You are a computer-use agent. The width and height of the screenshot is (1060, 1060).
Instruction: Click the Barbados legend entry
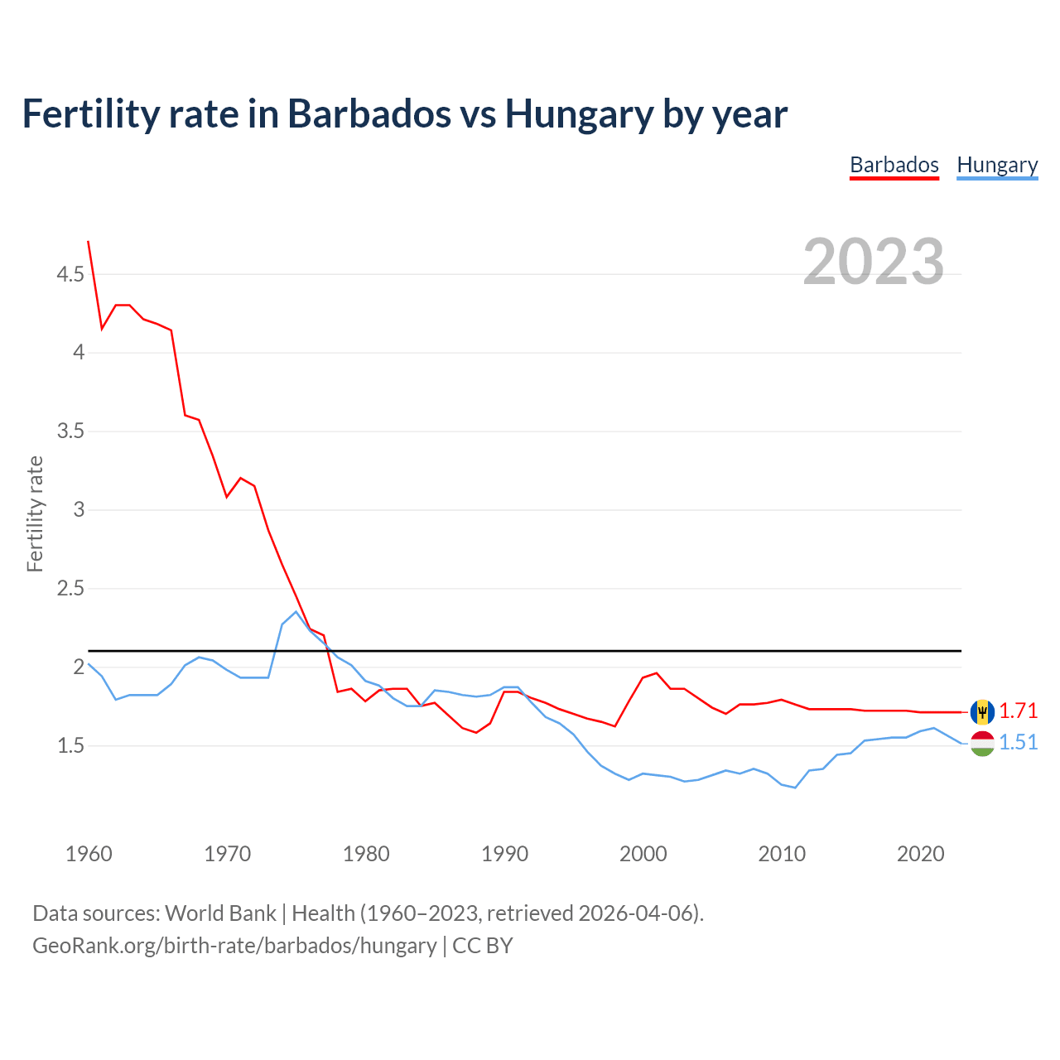pos(894,165)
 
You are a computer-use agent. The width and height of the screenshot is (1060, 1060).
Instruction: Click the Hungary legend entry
pos(997,165)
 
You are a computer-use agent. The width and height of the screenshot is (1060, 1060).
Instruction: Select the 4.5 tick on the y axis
pos(70,274)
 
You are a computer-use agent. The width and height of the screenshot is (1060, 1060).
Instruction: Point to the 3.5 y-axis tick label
pos(70,431)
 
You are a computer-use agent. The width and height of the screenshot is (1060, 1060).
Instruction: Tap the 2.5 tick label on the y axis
pos(70,589)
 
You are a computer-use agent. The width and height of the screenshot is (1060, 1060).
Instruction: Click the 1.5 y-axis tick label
pos(70,746)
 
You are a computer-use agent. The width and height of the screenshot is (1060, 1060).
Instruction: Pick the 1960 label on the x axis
pos(89,854)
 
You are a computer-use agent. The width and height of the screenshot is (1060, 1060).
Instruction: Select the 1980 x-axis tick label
pos(366,854)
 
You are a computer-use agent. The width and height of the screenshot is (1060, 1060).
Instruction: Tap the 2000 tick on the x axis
pos(643,854)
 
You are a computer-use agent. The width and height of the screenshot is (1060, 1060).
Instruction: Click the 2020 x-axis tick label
pos(920,854)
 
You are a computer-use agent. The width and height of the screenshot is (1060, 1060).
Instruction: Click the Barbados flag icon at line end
pos(982,711)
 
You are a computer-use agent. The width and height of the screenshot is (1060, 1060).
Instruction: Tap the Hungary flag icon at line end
pos(982,743)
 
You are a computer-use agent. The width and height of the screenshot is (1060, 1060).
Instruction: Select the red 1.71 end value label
pos(1019,711)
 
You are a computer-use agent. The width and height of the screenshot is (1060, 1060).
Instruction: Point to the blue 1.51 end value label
pos(1019,743)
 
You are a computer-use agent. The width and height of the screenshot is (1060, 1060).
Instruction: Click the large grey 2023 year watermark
pos(874,262)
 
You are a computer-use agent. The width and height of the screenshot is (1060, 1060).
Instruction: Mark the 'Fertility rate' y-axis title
pos(35,513)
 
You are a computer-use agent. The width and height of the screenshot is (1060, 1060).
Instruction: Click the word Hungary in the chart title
pos(579,113)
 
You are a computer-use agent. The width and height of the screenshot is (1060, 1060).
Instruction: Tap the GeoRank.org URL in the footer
pos(234,946)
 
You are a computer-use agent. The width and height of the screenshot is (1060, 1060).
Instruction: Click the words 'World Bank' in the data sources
pos(220,913)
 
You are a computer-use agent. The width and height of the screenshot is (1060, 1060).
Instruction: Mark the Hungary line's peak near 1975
pos(296,612)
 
